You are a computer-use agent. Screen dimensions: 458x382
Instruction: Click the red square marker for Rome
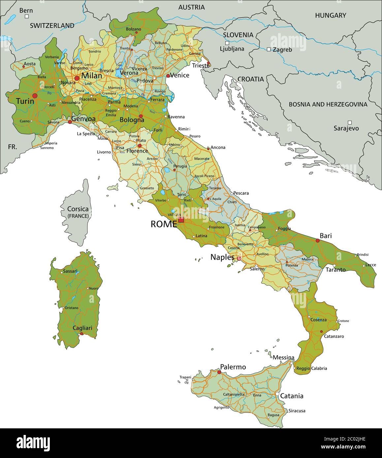click(x=181, y=220)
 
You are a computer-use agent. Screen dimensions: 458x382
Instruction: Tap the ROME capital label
click(x=164, y=224)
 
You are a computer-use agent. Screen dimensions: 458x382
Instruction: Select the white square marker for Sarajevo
click(x=350, y=122)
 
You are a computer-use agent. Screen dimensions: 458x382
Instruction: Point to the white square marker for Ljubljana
click(x=227, y=43)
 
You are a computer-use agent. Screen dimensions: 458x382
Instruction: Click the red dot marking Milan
click(x=77, y=78)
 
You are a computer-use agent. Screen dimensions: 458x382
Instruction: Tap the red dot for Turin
click(x=35, y=96)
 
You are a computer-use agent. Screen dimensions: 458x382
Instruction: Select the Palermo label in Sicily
click(x=233, y=367)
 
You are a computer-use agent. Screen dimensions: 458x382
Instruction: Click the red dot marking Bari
click(x=318, y=241)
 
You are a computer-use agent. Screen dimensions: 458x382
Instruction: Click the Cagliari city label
click(x=82, y=328)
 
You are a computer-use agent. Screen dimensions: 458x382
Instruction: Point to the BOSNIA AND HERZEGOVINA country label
click(x=328, y=104)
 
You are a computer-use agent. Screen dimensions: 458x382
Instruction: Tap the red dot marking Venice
click(x=168, y=76)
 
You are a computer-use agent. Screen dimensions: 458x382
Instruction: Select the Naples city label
click(x=222, y=257)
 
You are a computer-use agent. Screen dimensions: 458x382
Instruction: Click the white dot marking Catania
click(x=278, y=394)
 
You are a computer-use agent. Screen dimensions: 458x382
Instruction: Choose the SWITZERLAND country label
click(x=52, y=25)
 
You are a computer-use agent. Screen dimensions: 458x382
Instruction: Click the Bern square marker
click(x=27, y=16)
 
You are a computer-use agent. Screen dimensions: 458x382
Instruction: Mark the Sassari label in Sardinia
click(x=70, y=272)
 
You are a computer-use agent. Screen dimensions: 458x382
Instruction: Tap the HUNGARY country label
click(x=331, y=15)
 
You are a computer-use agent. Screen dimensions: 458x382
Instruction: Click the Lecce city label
click(x=370, y=265)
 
